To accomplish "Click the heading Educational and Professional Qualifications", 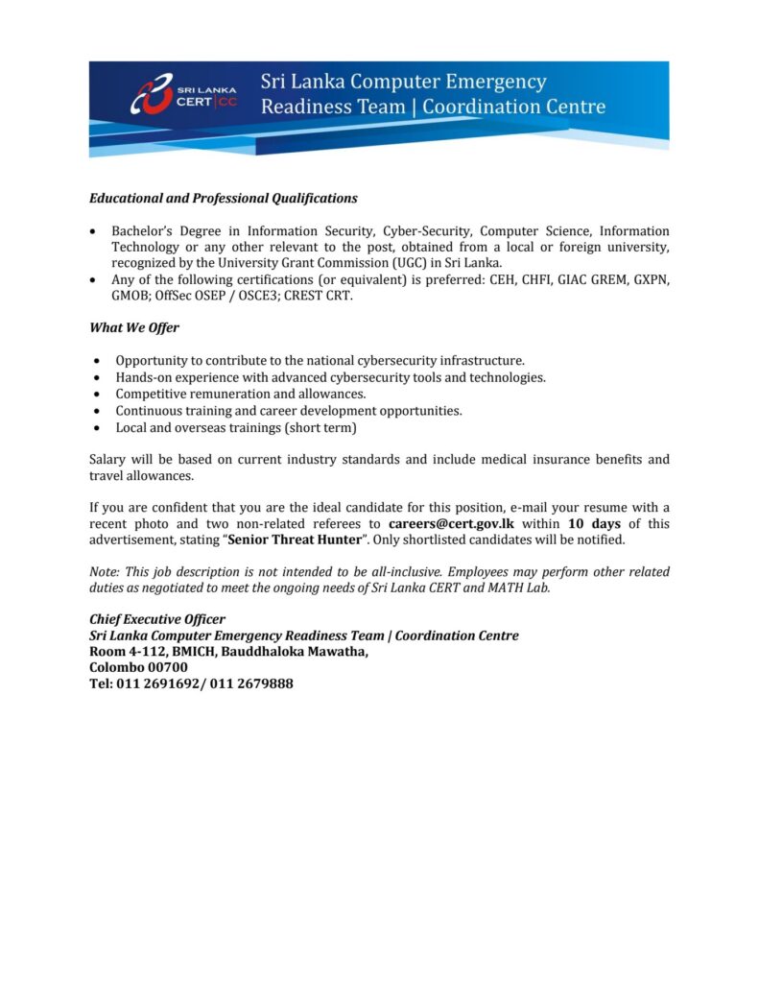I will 223,199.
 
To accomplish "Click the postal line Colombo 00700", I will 138,668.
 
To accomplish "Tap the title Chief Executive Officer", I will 157,619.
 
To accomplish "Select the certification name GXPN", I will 649,279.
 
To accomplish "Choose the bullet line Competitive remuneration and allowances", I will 241,394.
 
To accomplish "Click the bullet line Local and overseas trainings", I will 236,427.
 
